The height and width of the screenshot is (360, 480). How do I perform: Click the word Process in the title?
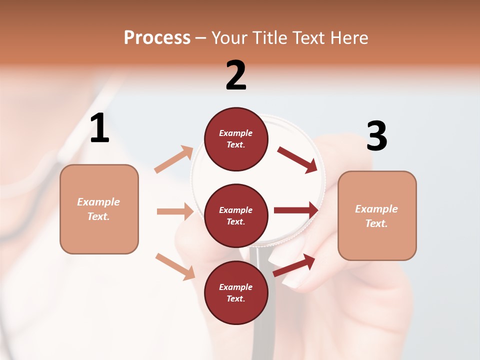pyautogui.click(x=157, y=38)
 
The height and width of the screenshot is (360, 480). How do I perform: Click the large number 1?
pyautogui.click(x=99, y=128)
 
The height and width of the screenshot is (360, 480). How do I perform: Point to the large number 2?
pyautogui.click(x=236, y=75)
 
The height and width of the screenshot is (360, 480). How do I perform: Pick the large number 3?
pyautogui.click(x=377, y=136)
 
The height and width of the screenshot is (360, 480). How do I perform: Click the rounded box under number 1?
pyautogui.click(x=99, y=209)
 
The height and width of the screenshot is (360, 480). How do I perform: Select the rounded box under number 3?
pyautogui.click(x=377, y=215)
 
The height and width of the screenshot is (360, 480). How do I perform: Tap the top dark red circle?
pyautogui.click(x=236, y=139)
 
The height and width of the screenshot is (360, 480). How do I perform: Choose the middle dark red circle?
pyautogui.click(x=236, y=215)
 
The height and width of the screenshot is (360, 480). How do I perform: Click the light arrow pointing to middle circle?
pyautogui.click(x=175, y=211)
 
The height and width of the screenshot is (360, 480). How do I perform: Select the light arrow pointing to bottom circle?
pyautogui.click(x=175, y=266)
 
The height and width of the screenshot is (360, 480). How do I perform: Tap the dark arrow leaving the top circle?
pyautogui.click(x=297, y=159)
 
